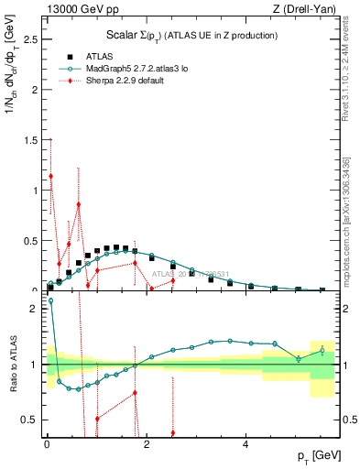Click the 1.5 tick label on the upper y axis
tap(30, 141)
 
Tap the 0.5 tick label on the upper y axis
tap(30, 241)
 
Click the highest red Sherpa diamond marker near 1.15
tap(51, 176)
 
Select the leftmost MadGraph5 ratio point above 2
tap(50, 300)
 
